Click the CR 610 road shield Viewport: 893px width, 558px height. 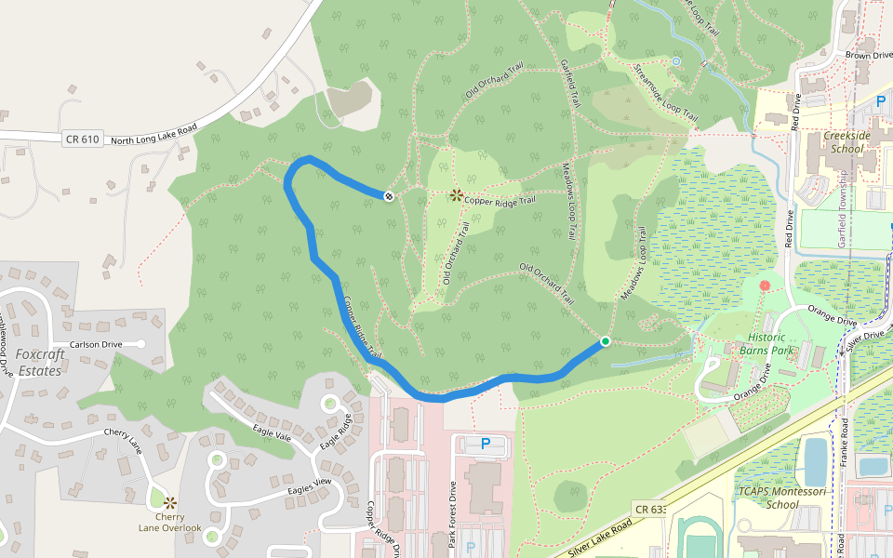tap(82, 139)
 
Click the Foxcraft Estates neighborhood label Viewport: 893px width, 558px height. tap(38, 363)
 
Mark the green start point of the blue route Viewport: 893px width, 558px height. tap(605, 341)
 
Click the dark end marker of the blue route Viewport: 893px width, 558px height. tap(388, 195)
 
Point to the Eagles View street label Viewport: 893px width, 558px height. tap(310, 485)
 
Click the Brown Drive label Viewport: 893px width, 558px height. tap(869, 56)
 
